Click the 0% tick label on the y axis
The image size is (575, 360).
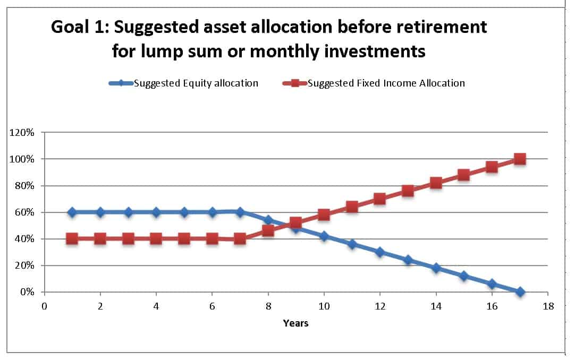click(x=27, y=292)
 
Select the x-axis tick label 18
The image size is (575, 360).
click(x=548, y=306)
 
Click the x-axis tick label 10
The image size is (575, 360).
click(x=324, y=306)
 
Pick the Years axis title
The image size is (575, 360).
click(x=295, y=323)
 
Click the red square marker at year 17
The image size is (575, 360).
click(x=520, y=159)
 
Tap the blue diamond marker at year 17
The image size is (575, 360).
click(x=520, y=292)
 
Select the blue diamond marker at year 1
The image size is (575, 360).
click(x=72, y=212)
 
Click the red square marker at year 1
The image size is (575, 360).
click(x=72, y=239)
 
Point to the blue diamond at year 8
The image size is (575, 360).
click(x=268, y=220)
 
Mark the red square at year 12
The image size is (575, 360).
click(x=379, y=199)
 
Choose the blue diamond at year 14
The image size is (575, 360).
click(x=436, y=268)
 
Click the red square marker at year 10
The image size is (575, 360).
click(x=324, y=215)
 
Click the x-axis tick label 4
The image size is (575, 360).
click(x=156, y=306)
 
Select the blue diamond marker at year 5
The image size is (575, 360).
click(x=184, y=212)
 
